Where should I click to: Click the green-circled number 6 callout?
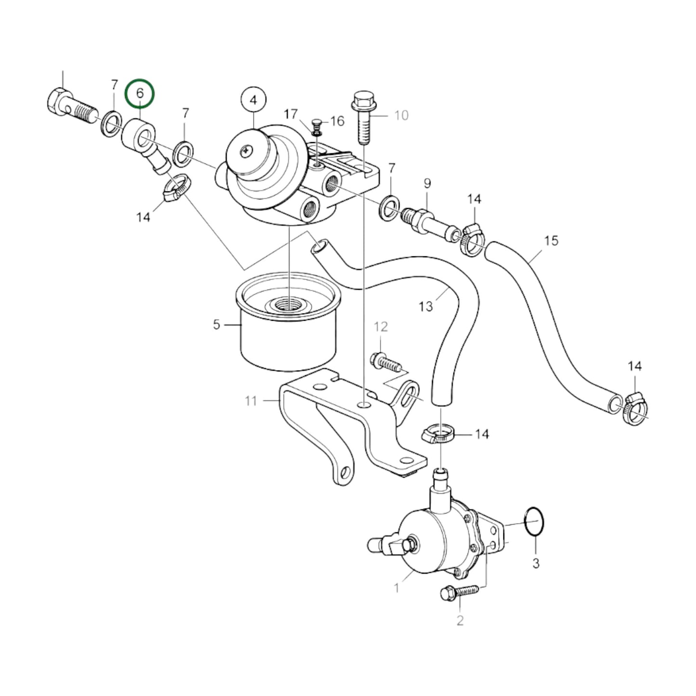point(140,93)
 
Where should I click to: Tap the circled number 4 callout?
point(254,100)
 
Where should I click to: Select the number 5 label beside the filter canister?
point(217,325)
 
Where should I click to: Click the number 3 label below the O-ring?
point(536,563)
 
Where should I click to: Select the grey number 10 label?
point(401,115)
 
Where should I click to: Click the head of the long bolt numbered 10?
point(360,102)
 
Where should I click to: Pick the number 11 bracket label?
point(251,400)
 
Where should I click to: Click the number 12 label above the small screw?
point(381,327)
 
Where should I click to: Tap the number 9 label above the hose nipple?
point(427,184)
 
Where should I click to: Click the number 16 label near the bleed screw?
point(337,120)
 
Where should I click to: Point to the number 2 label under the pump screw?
point(460,620)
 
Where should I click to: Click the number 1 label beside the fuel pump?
point(396,588)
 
